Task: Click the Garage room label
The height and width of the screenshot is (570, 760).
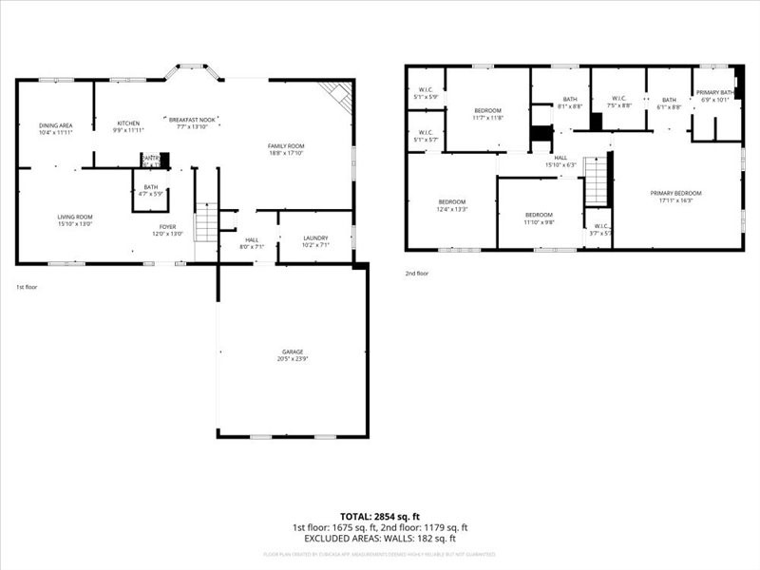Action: pos(292,355)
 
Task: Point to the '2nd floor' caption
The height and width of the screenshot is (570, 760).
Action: pos(417,274)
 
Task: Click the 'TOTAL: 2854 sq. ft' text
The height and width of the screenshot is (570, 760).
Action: pos(379,516)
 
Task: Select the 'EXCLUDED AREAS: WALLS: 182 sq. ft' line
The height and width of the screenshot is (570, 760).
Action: pos(379,539)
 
